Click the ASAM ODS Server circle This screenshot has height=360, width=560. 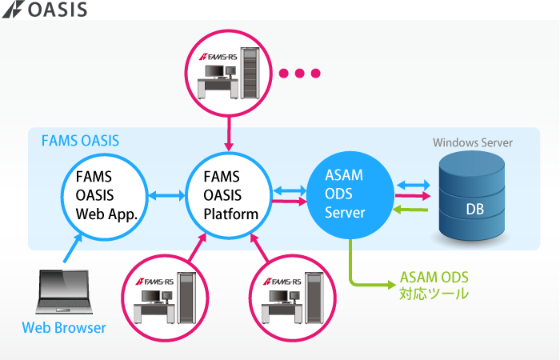(350, 194)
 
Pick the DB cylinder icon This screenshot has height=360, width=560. (474, 200)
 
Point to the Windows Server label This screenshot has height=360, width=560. (473, 143)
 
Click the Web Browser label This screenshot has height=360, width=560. (63, 327)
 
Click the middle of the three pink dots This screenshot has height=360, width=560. (301, 74)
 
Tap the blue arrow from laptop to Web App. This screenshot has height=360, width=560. (72, 247)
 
